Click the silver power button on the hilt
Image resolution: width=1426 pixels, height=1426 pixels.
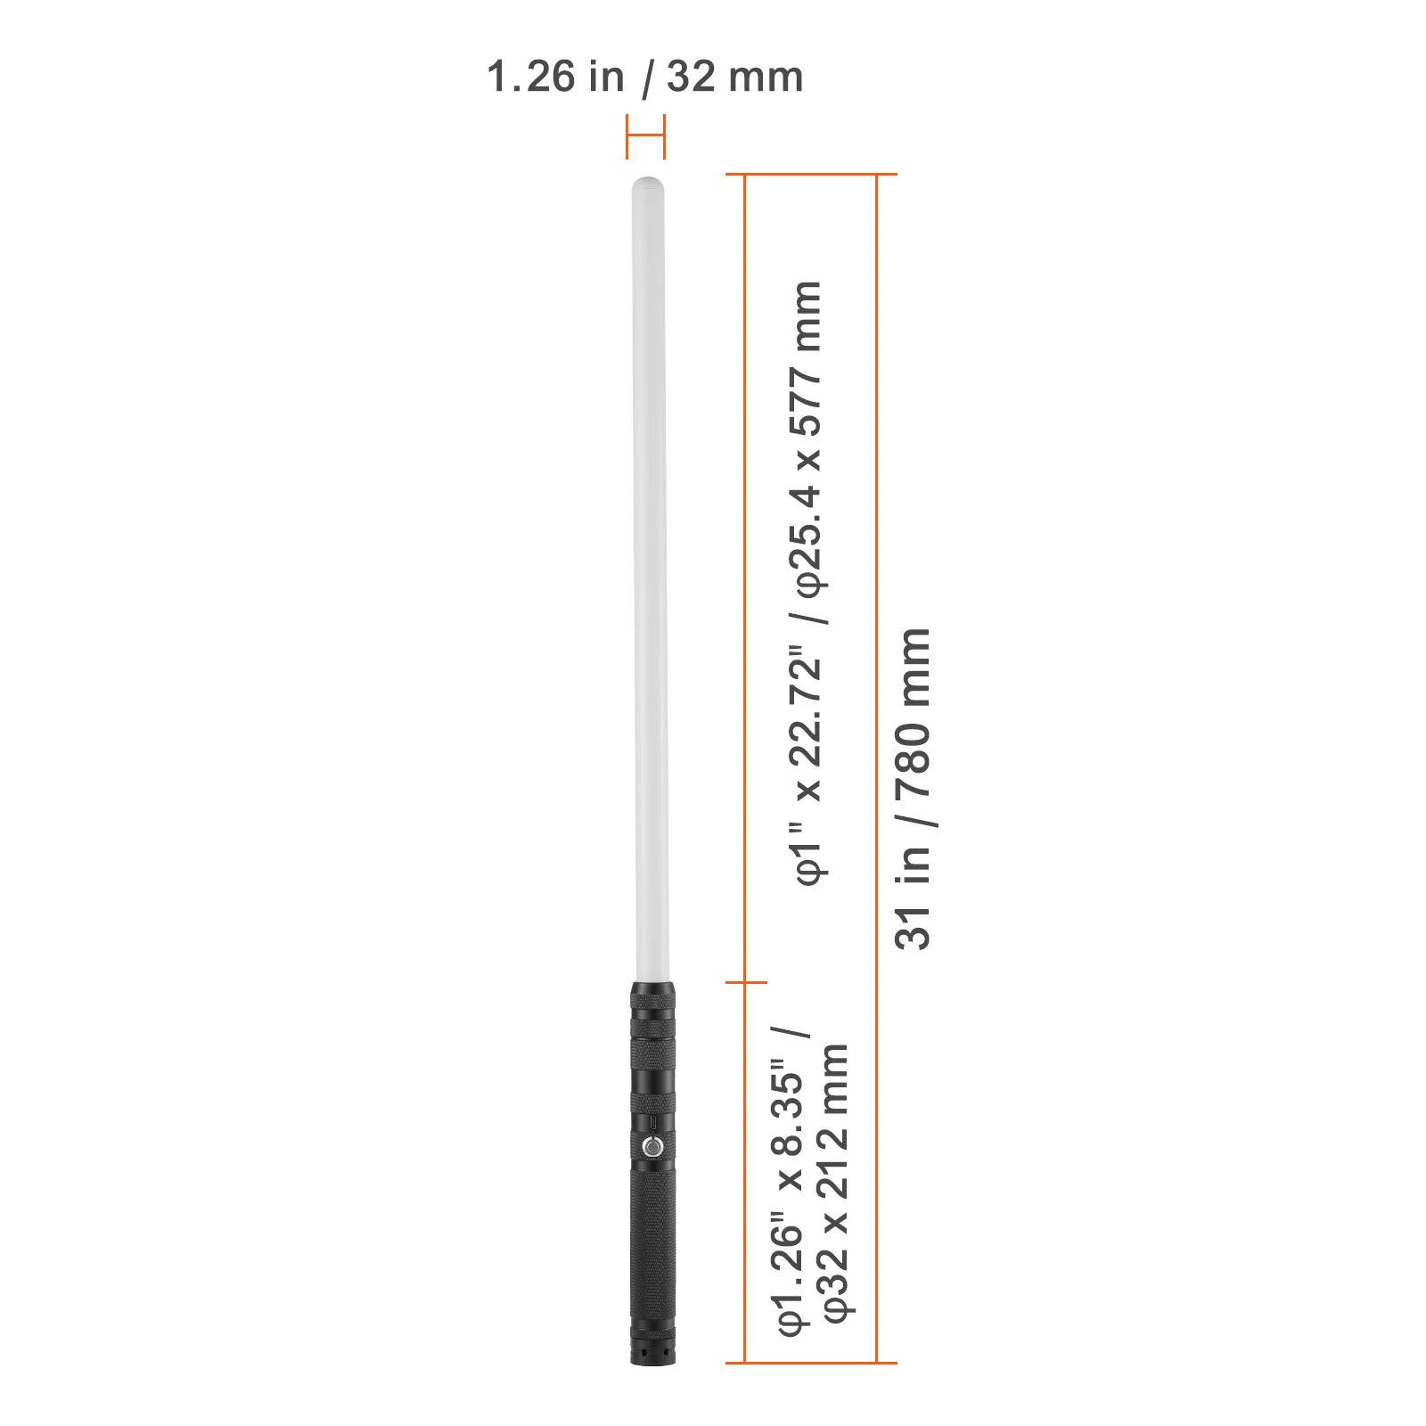click(x=652, y=1146)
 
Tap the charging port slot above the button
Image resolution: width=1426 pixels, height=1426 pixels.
click(x=652, y=1122)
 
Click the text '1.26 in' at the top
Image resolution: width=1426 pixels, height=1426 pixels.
click(x=555, y=77)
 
